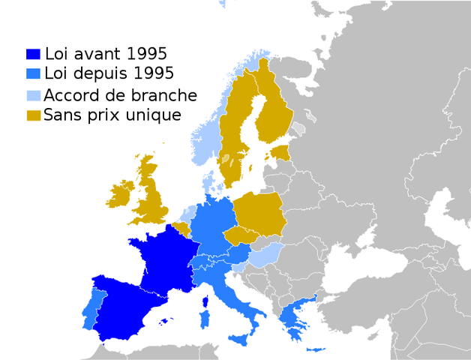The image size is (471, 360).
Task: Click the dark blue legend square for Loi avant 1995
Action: point(32,54)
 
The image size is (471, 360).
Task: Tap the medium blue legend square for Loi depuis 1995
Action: point(32,73)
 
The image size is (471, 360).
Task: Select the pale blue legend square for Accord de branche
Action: point(33,96)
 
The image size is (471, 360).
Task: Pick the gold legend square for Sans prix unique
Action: point(33,115)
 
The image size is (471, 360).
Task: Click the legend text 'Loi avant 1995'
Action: point(106,54)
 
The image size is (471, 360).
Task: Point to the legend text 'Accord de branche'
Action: point(120,95)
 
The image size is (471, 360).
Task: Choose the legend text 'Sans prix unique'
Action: point(112,115)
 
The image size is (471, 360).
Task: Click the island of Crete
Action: point(315,350)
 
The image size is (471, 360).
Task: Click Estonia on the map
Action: point(280,154)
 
